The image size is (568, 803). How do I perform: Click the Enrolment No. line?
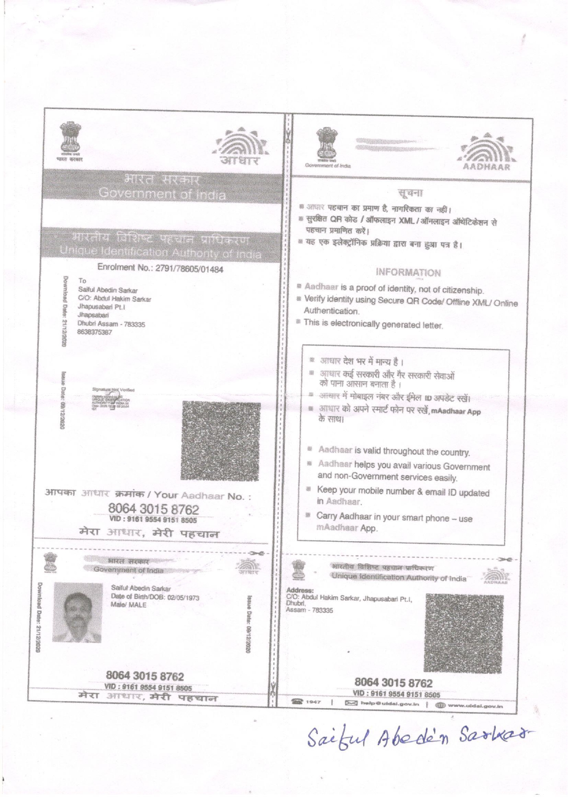click(160, 269)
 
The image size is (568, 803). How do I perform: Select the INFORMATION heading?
click(408, 273)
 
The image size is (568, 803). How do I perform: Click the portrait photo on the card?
click(77, 612)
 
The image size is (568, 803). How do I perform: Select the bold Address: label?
click(299, 590)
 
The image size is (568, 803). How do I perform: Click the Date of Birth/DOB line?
click(155, 597)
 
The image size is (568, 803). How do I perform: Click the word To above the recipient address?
click(82, 280)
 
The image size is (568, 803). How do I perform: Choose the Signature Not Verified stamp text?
click(113, 390)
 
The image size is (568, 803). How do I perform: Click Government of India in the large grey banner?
click(162, 194)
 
